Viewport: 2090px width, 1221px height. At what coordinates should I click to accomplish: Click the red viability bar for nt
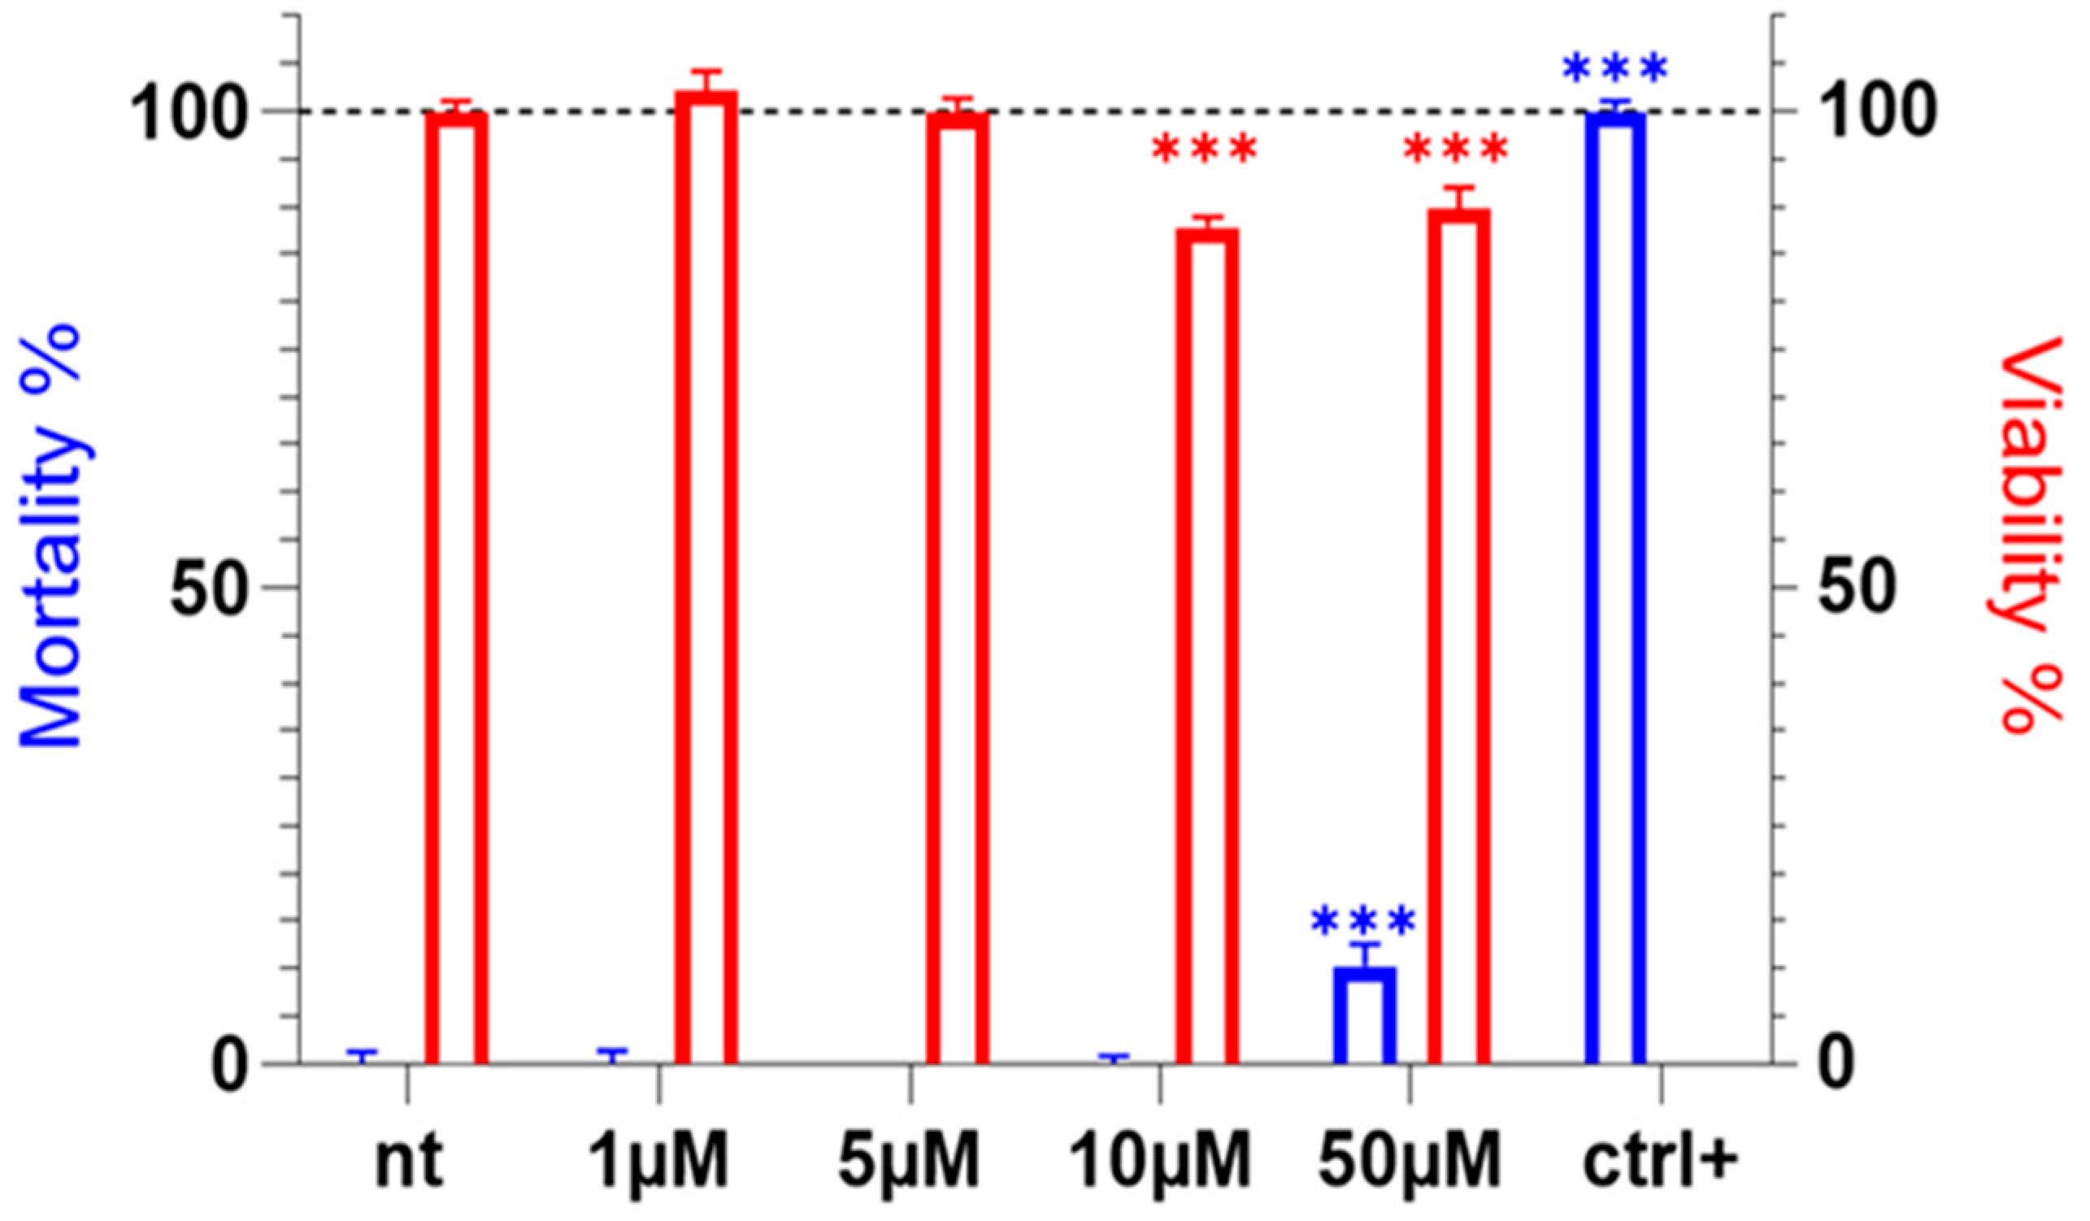(x=456, y=589)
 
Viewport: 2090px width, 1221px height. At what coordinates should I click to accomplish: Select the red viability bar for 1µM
(x=706, y=580)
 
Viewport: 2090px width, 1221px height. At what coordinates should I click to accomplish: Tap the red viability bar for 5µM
(x=958, y=589)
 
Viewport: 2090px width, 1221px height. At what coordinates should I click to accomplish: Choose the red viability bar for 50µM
(x=1460, y=639)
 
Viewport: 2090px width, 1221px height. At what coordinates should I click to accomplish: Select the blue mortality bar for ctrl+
(x=1615, y=589)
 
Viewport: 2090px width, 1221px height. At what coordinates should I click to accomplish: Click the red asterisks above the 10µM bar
(x=1205, y=150)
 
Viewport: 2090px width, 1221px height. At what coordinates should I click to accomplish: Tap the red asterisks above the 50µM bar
(x=1457, y=150)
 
